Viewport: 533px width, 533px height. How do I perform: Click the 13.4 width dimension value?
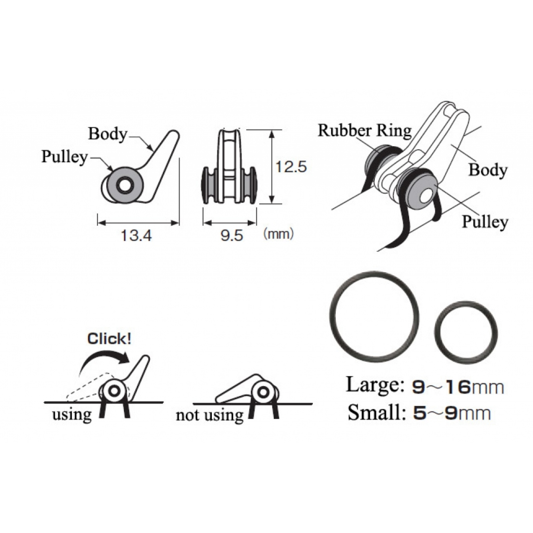(136, 236)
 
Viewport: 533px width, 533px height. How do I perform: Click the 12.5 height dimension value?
(291, 167)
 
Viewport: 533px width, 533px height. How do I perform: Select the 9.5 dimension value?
(232, 236)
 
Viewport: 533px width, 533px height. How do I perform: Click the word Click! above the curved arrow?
(109, 339)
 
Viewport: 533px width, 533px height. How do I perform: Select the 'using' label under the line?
(72, 415)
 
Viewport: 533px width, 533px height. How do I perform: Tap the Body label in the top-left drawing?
(108, 134)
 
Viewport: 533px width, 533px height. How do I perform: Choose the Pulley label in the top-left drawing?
(64, 157)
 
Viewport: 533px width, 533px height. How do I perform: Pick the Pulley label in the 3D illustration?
(485, 222)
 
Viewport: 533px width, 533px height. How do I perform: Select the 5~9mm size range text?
(452, 413)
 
